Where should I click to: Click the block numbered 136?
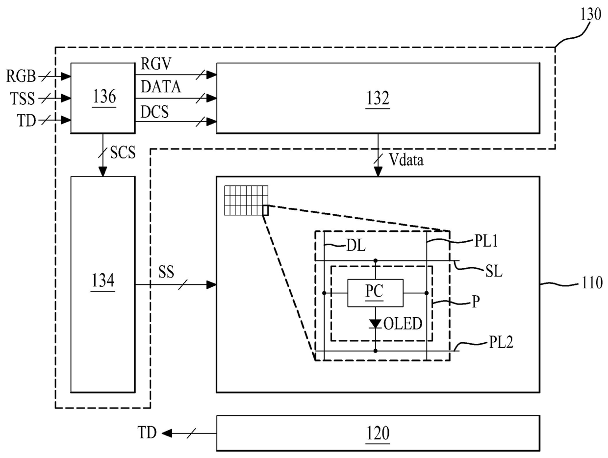coord(103,98)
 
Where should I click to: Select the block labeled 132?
coord(378,98)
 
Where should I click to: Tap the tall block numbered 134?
coord(103,284)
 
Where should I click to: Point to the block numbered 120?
coord(378,433)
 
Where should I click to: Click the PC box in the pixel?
coord(375,293)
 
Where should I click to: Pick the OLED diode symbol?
coord(375,324)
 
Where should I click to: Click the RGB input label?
coord(21,76)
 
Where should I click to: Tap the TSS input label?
coord(23,99)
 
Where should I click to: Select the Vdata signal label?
coord(406,160)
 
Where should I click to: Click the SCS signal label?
coord(123,153)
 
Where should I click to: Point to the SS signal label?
coord(166,272)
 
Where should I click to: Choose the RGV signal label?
coord(156,64)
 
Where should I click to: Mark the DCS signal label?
coord(154,112)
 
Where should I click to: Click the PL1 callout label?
coord(486,241)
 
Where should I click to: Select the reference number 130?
coord(590,14)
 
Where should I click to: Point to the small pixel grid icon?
coord(246,200)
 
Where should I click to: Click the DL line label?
coord(356,245)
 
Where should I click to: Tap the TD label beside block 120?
coord(147,433)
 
